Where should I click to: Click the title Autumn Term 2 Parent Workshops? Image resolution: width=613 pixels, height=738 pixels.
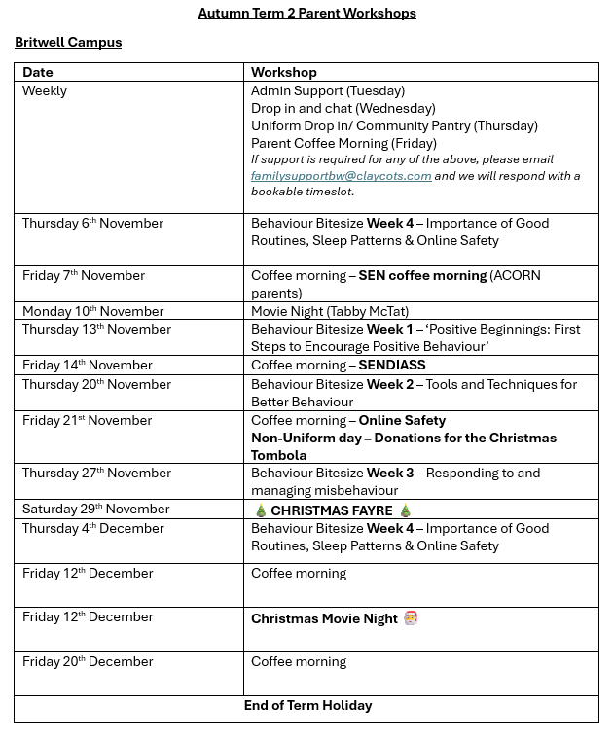tap(306, 14)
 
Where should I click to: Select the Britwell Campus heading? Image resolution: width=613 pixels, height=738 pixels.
tap(68, 43)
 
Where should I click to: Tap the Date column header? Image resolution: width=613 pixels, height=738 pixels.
tap(38, 72)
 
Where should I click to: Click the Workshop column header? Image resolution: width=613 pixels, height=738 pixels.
tap(283, 72)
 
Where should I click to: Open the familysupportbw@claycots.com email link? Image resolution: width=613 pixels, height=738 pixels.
tap(341, 176)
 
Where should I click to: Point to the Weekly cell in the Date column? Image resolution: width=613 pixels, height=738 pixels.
tap(45, 90)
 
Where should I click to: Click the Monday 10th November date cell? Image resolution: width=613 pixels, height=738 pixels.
tap(92, 312)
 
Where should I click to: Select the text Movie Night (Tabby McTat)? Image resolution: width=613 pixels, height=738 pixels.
tap(330, 312)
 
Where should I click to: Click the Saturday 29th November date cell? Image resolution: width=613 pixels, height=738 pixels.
tap(95, 510)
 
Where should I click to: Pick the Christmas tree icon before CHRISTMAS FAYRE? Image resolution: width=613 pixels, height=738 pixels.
tap(260, 511)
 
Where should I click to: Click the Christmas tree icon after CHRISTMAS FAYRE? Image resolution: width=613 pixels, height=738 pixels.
tap(406, 511)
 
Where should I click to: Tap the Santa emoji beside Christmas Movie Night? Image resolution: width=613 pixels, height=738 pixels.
tap(411, 618)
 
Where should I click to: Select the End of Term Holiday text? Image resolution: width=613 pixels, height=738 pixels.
tap(307, 706)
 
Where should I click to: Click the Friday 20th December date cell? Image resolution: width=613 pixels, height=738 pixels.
tap(88, 662)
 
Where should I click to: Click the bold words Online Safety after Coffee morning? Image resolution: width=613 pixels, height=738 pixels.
tap(402, 421)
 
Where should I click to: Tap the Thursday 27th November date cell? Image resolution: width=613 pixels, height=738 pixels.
tap(95, 474)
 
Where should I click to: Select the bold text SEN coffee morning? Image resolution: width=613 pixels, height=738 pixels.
tap(422, 276)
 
